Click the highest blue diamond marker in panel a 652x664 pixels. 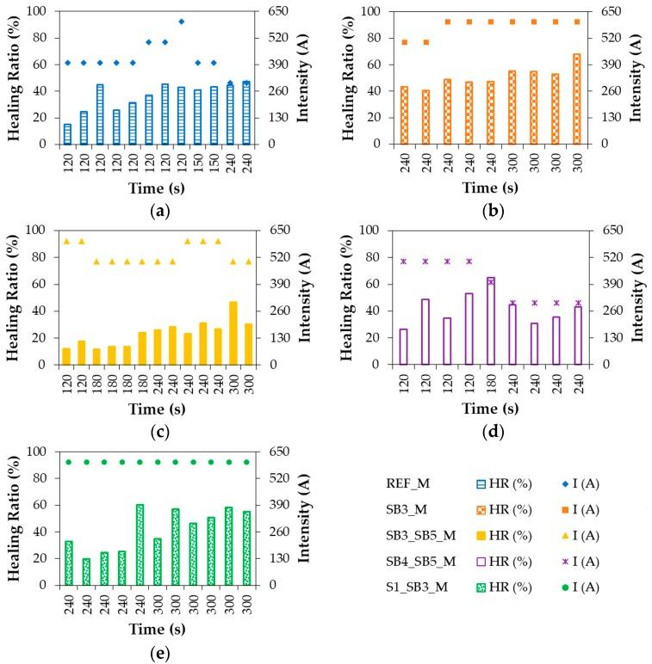coord(181,22)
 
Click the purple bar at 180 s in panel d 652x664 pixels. coord(491,321)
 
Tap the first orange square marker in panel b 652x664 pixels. coord(405,42)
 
